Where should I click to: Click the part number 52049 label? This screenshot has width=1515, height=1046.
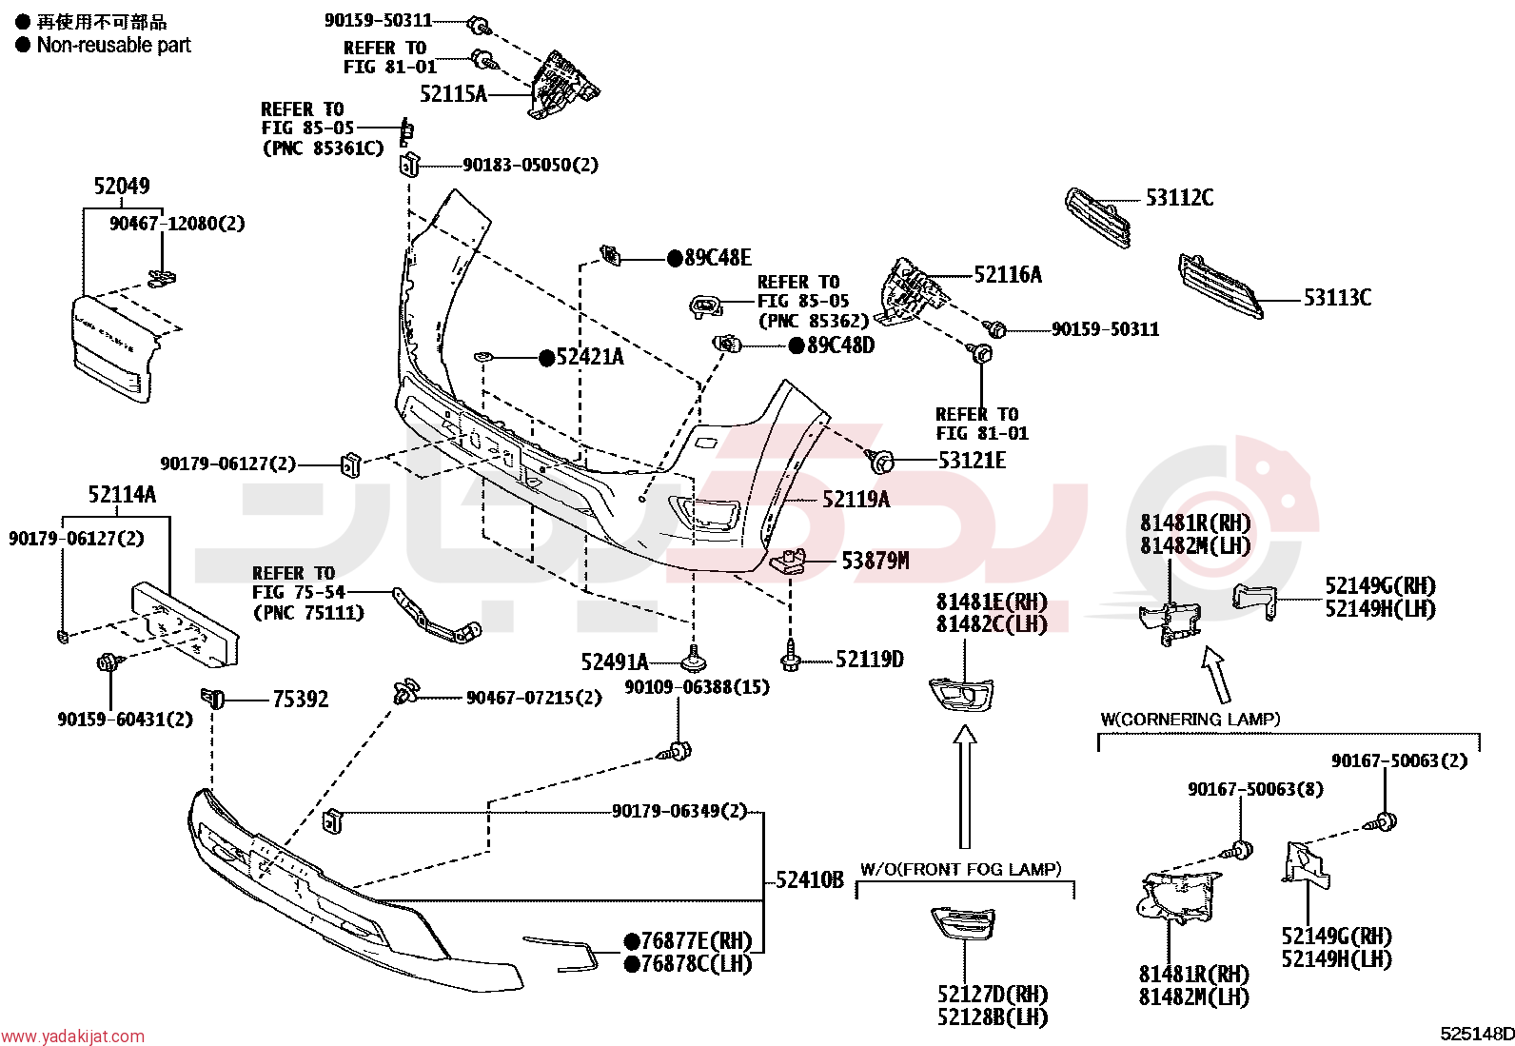point(122,186)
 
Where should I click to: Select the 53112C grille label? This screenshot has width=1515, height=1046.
point(1179,198)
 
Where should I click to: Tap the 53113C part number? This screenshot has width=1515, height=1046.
point(1337,298)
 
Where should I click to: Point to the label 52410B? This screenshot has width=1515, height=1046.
point(810,879)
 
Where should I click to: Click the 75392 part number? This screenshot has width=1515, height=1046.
point(301,699)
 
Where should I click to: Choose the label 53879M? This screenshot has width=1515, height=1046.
point(876,561)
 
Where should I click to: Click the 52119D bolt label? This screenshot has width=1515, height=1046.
point(870,659)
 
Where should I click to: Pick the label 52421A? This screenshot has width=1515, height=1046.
point(590,357)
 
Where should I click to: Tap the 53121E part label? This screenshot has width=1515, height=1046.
point(972,461)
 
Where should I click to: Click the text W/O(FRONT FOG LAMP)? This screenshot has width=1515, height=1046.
point(960,869)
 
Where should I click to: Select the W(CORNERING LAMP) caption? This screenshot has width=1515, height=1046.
point(1190,720)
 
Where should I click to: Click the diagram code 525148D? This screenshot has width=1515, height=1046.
point(1476,1034)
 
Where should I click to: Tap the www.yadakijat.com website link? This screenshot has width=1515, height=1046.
point(72,1036)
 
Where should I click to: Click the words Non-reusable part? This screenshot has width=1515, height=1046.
point(113,46)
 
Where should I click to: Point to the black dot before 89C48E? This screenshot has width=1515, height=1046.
point(675,258)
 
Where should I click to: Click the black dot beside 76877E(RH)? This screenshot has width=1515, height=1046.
point(632,941)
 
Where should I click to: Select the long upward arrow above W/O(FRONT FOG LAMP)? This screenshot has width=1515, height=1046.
point(964,787)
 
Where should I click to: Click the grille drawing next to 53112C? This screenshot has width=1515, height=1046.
point(1097,218)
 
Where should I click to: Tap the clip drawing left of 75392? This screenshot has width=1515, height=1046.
point(212,698)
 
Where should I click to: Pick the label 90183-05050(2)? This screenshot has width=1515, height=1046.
point(530,165)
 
